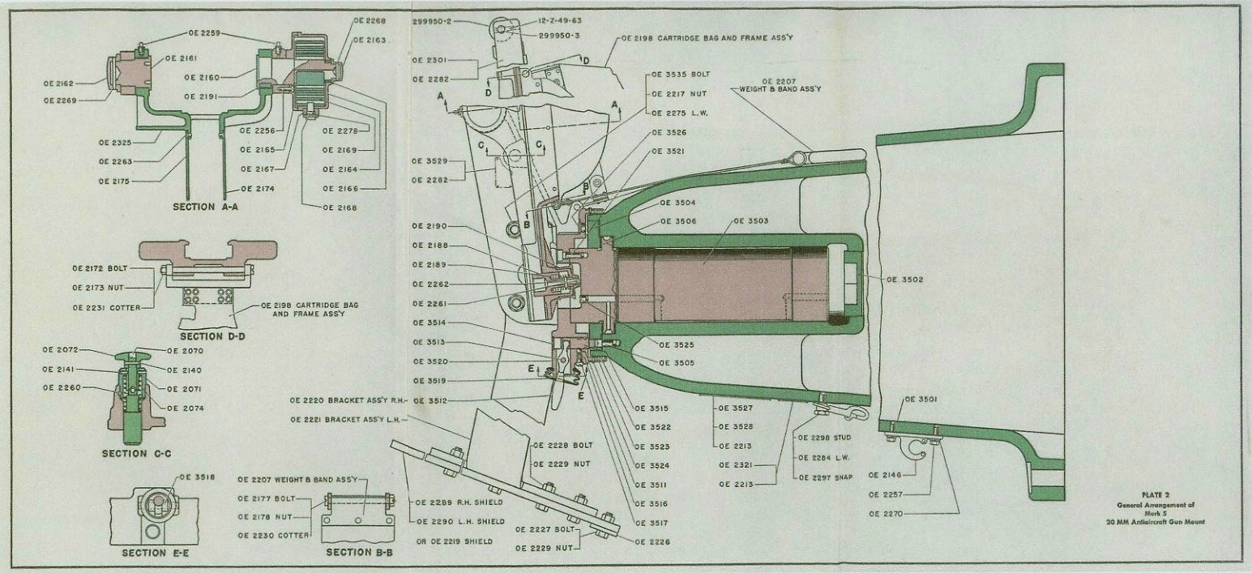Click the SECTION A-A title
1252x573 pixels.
pyautogui.click(x=205, y=207)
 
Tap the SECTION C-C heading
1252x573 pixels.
pyautogui.click(x=135, y=453)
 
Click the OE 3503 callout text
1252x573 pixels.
pyautogui.click(x=751, y=220)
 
